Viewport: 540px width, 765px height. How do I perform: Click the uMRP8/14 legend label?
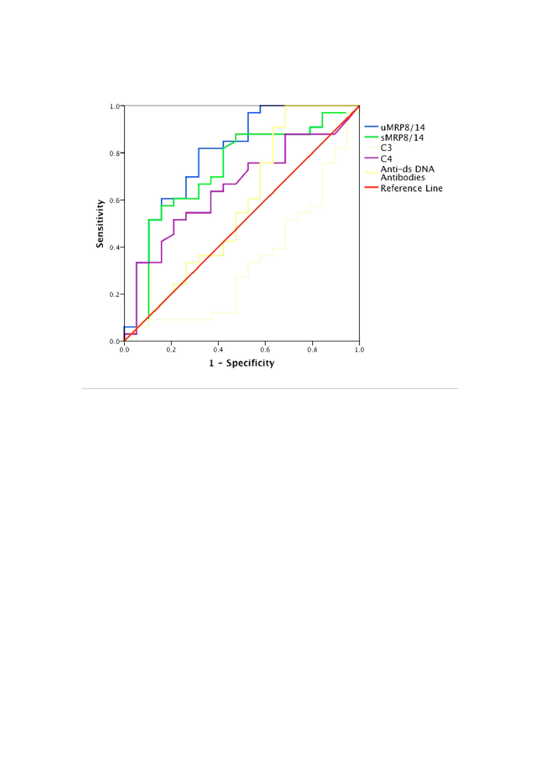(x=402, y=127)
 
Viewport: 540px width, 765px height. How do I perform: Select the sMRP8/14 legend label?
(x=402, y=138)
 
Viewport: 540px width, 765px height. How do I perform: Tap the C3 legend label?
(x=386, y=148)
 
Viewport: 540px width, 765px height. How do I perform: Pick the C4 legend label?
(x=386, y=159)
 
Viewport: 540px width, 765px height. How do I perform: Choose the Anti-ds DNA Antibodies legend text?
(x=407, y=173)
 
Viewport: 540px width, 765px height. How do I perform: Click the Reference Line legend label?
(x=411, y=188)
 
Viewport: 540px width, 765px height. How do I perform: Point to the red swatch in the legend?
(x=371, y=187)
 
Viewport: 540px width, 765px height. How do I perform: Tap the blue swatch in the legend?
(x=371, y=127)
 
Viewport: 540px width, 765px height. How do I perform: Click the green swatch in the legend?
(x=371, y=137)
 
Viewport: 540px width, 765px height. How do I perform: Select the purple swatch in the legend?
(x=371, y=158)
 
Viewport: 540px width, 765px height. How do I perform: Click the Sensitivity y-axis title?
(x=100, y=224)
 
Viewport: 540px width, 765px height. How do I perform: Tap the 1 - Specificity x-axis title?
(x=242, y=363)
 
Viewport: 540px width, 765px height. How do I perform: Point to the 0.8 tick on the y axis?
(x=115, y=154)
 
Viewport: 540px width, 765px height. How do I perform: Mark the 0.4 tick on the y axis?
(x=115, y=248)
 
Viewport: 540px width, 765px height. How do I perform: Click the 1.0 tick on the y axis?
(x=115, y=106)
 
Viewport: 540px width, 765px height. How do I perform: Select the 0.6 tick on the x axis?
(x=265, y=350)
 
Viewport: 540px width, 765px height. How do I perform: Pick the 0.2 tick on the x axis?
(x=171, y=350)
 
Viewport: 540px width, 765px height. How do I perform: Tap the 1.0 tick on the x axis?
(x=359, y=350)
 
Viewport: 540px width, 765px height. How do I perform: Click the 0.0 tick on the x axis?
(x=124, y=350)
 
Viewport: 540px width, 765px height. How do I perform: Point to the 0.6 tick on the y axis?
(x=115, y=200)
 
